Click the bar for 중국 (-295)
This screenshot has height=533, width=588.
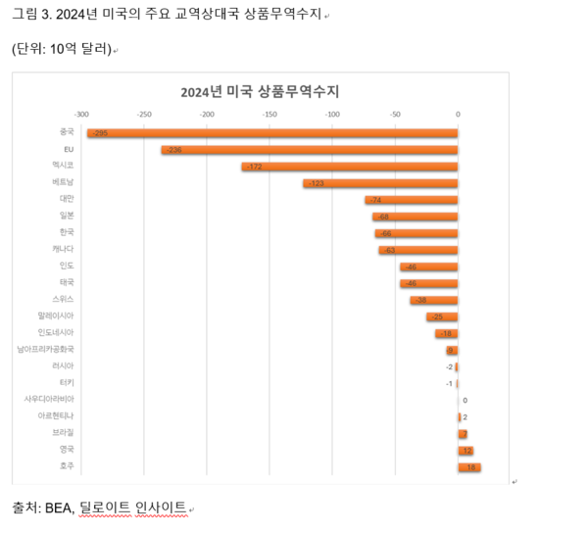pyautogui.click(x=272, y=132)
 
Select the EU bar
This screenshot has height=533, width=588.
pyautogui.click(x=310, y=150)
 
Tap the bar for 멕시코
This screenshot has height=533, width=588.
pyautogui.click(x=350, y=167)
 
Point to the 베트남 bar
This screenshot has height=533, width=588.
pyautogui.click(x=380, y=183)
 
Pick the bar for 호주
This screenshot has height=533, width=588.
pyautogui.click(x=468, y=467)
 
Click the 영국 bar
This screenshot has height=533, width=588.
pyautogui.click(x=465, y=450)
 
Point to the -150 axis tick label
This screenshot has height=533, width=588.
pyautogui.click(x=269, y=114)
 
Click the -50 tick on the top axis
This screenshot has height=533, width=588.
pyautogui.click(x=395, y=114)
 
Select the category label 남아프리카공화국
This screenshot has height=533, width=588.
pyautogui.click(x=45, y=349)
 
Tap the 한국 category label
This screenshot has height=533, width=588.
pyautogui.click(x=67, y=232)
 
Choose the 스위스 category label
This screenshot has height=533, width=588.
pyautogui.click(x=63, y=299)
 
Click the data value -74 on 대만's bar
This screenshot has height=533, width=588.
pyautogui.click(x=374, y=200)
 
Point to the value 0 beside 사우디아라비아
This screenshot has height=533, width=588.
pyautogui.click(x=465, y=400)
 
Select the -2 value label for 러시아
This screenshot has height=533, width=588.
pyautogui.click(x=450, y=366)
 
